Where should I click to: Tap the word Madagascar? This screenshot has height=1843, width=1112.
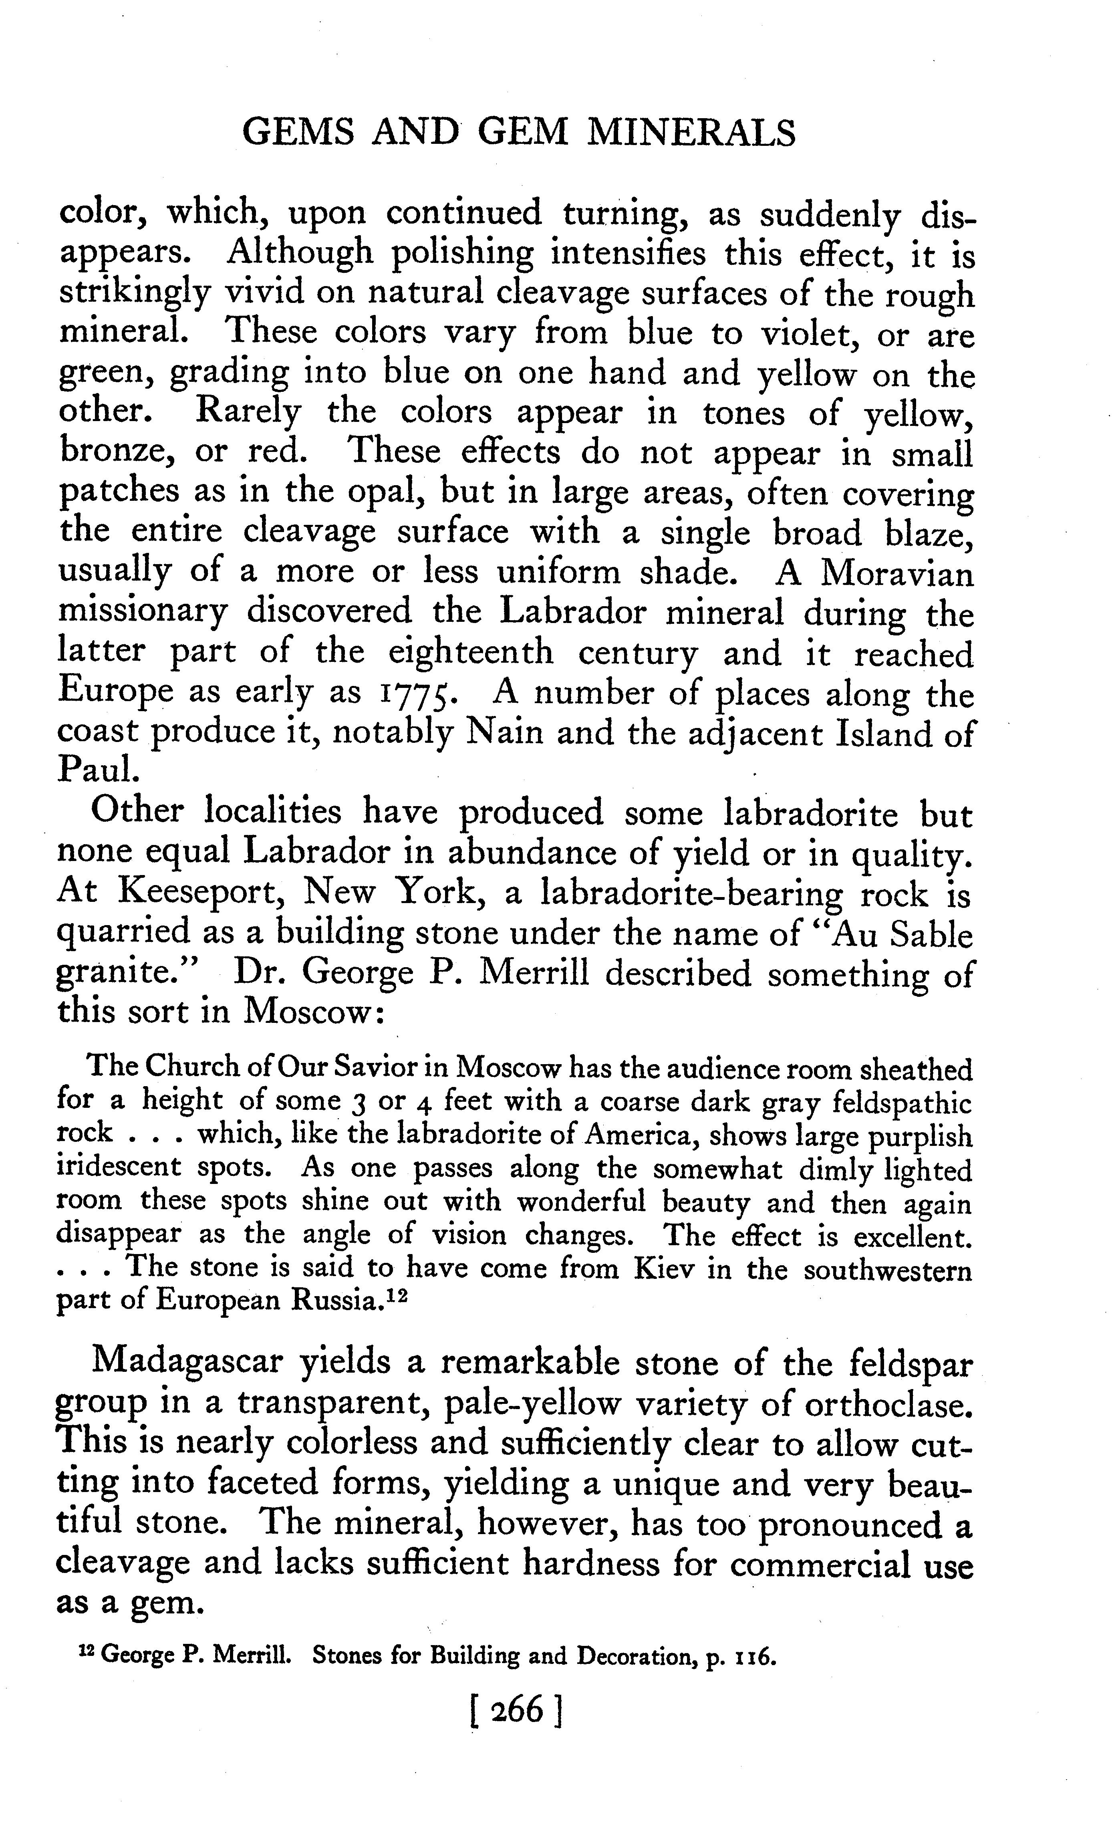click(187, 1361)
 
